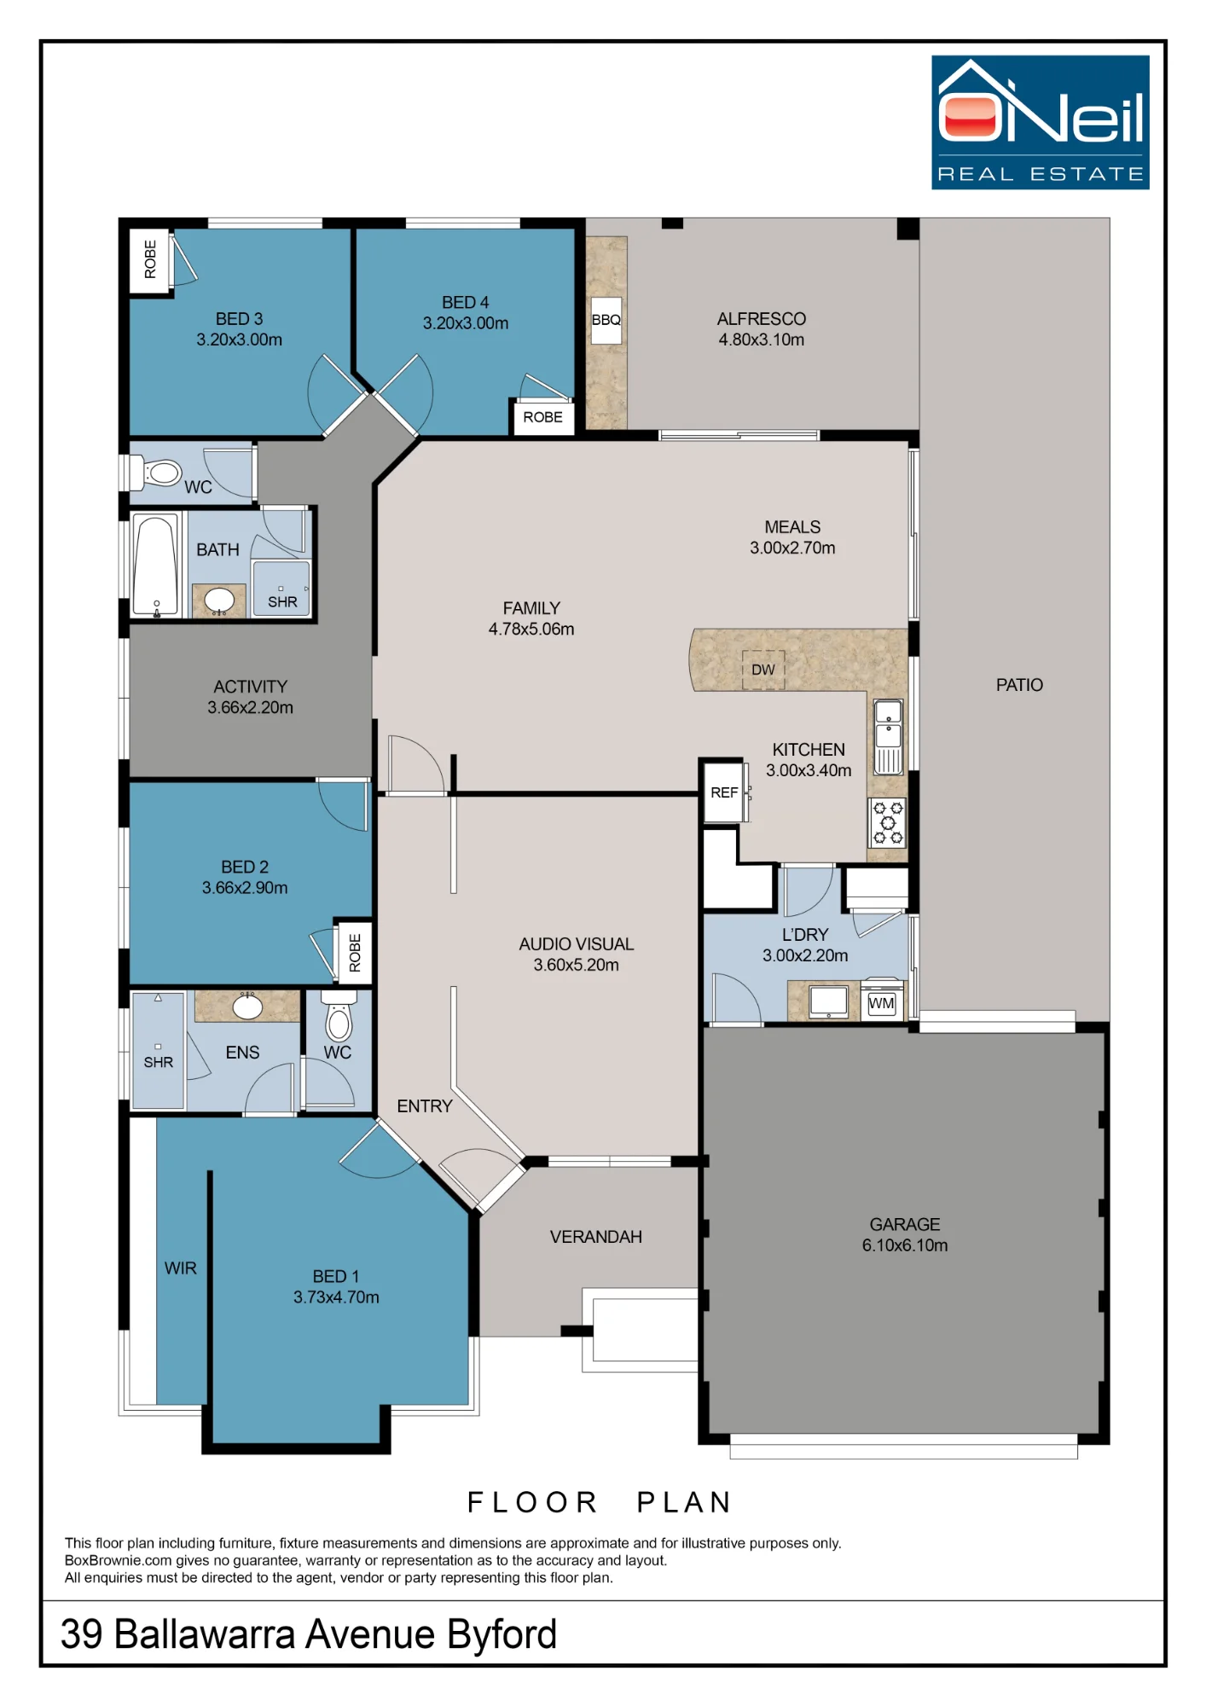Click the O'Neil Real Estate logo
coord(1040,122)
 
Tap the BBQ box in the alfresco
coord(606,320)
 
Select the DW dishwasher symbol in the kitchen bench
coord(762,670)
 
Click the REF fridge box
coord(724,792)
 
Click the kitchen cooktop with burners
coord(888,822)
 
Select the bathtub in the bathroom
coord(157,565)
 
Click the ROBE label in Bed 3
coord(150,259)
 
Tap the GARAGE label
coord(905,1224)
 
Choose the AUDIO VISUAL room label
coord(577,944)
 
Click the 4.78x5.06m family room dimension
coord(531,630)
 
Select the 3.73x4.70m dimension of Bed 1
coord(336,1297)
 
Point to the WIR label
coord(181,1268)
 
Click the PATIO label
coord(1019,685)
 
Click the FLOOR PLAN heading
coord(600,1502)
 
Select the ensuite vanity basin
coord(247,1007)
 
